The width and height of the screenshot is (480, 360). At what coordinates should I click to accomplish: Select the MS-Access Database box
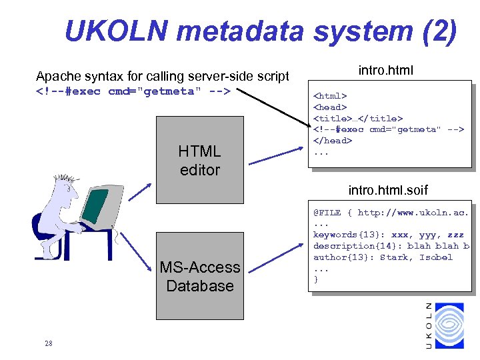point(199,276)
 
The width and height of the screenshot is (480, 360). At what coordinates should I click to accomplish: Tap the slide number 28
point(48,344)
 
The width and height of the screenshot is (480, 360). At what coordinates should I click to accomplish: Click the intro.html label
point(385,69)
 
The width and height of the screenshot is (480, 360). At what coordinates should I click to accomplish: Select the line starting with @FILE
point(391,213)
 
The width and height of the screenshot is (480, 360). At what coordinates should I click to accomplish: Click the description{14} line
point(391,246)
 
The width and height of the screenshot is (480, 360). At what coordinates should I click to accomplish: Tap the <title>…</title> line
point(357,118)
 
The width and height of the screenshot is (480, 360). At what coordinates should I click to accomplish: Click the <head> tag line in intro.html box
point(330,107)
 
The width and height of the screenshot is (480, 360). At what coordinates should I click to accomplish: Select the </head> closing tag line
point(333,141)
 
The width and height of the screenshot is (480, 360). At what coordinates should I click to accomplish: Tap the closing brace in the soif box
point(316,280)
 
